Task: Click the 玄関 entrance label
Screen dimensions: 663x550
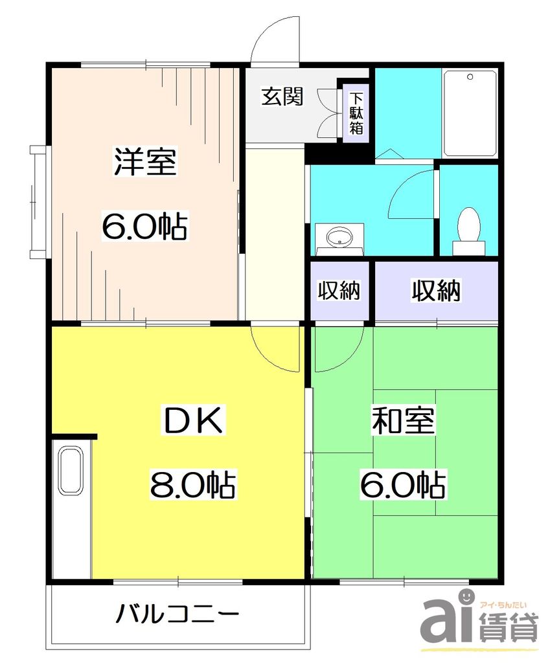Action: coord(282,97)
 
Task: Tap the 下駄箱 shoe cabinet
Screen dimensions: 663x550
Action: coord(356,113)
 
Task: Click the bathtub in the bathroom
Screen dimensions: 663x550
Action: coord(470,113)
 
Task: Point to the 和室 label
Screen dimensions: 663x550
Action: coord(402,421)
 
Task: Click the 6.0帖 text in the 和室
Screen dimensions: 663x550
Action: coord(402,484)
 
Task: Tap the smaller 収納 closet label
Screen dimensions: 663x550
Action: coord(339,291)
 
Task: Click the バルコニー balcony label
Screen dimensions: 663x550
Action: coord(178,612)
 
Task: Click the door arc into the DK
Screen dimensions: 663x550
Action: coord(275,350)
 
